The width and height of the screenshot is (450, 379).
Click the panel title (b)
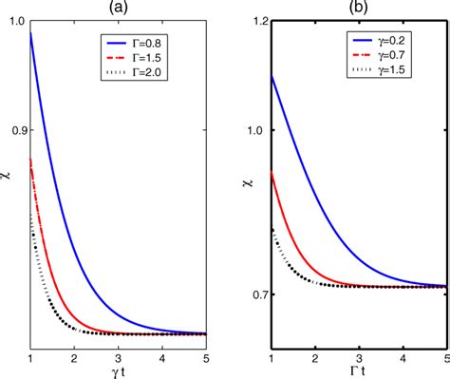[x=359, y=9]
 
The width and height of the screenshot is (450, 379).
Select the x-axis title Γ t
[x=359, y=370]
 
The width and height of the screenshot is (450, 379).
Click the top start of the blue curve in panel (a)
[x=32, y=33]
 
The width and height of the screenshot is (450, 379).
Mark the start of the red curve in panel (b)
[x=272, y=172]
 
